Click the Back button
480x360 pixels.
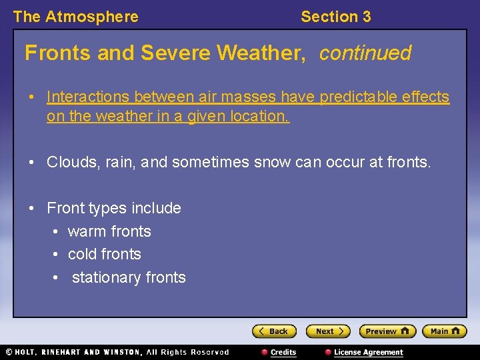tap(273, 331)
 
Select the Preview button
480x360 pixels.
tap(387, 331)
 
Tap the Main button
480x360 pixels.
tap(445, 331)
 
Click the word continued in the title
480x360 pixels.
tap(365, 53)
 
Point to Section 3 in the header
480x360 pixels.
tap(335, 17)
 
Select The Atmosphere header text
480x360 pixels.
tap(75, 17)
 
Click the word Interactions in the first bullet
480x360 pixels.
tap(87, 97)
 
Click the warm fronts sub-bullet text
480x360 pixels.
tap(109, 231)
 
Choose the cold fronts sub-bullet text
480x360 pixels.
tap(105, 254)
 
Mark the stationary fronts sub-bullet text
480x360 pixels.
tap(129, 277)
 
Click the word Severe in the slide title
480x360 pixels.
tap(168, 53)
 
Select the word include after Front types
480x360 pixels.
tap(156, 208)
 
